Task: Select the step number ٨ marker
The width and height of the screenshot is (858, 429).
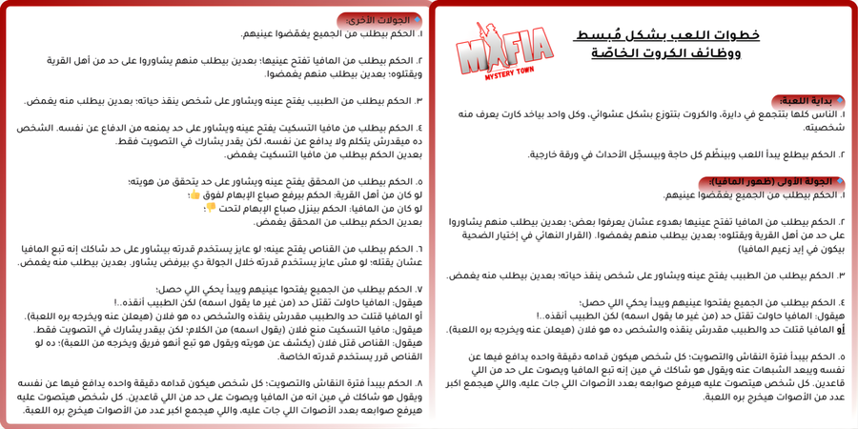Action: (x=419, y=383)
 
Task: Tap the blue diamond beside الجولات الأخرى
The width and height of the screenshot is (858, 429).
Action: (x=418, y=19)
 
